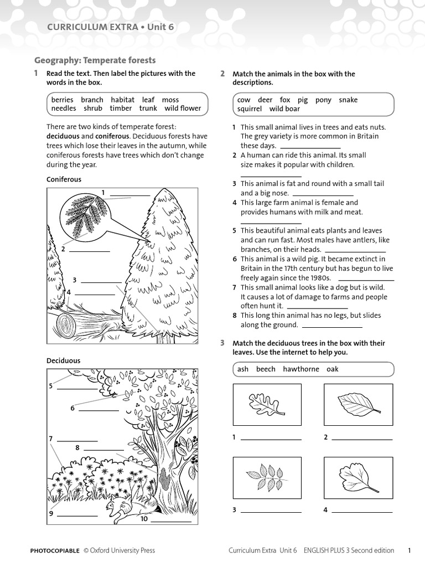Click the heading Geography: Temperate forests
pyautogui.click(x=95, y=60)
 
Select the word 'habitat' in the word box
pyautogui.click(x=122, y=100)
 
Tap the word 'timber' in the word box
pyautogui.click(x=121, y=109)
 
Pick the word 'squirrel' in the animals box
pyautogui.click(x=250, y=109)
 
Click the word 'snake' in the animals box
pyautogui.click(x=348, y=100)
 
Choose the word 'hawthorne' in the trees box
pyautogui.click(x=301, y=369)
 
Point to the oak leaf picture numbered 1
pyautogui.click(x=267, y=404)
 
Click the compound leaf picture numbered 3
pyautogui.click(x=267, y=477)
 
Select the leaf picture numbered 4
pyautogui.click(x=357, y=477)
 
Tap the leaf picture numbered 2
pyautogui.click(x=357, y=404)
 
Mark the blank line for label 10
pyautogui.click(x=171, y=522)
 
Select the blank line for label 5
pyautogui.click(x=77, y=389)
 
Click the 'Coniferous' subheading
pyautogui.click(x=64, y=179)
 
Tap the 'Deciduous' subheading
pyautogui.click(x=63, y=360)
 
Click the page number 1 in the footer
pyautogui.click(x=409, y=550)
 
